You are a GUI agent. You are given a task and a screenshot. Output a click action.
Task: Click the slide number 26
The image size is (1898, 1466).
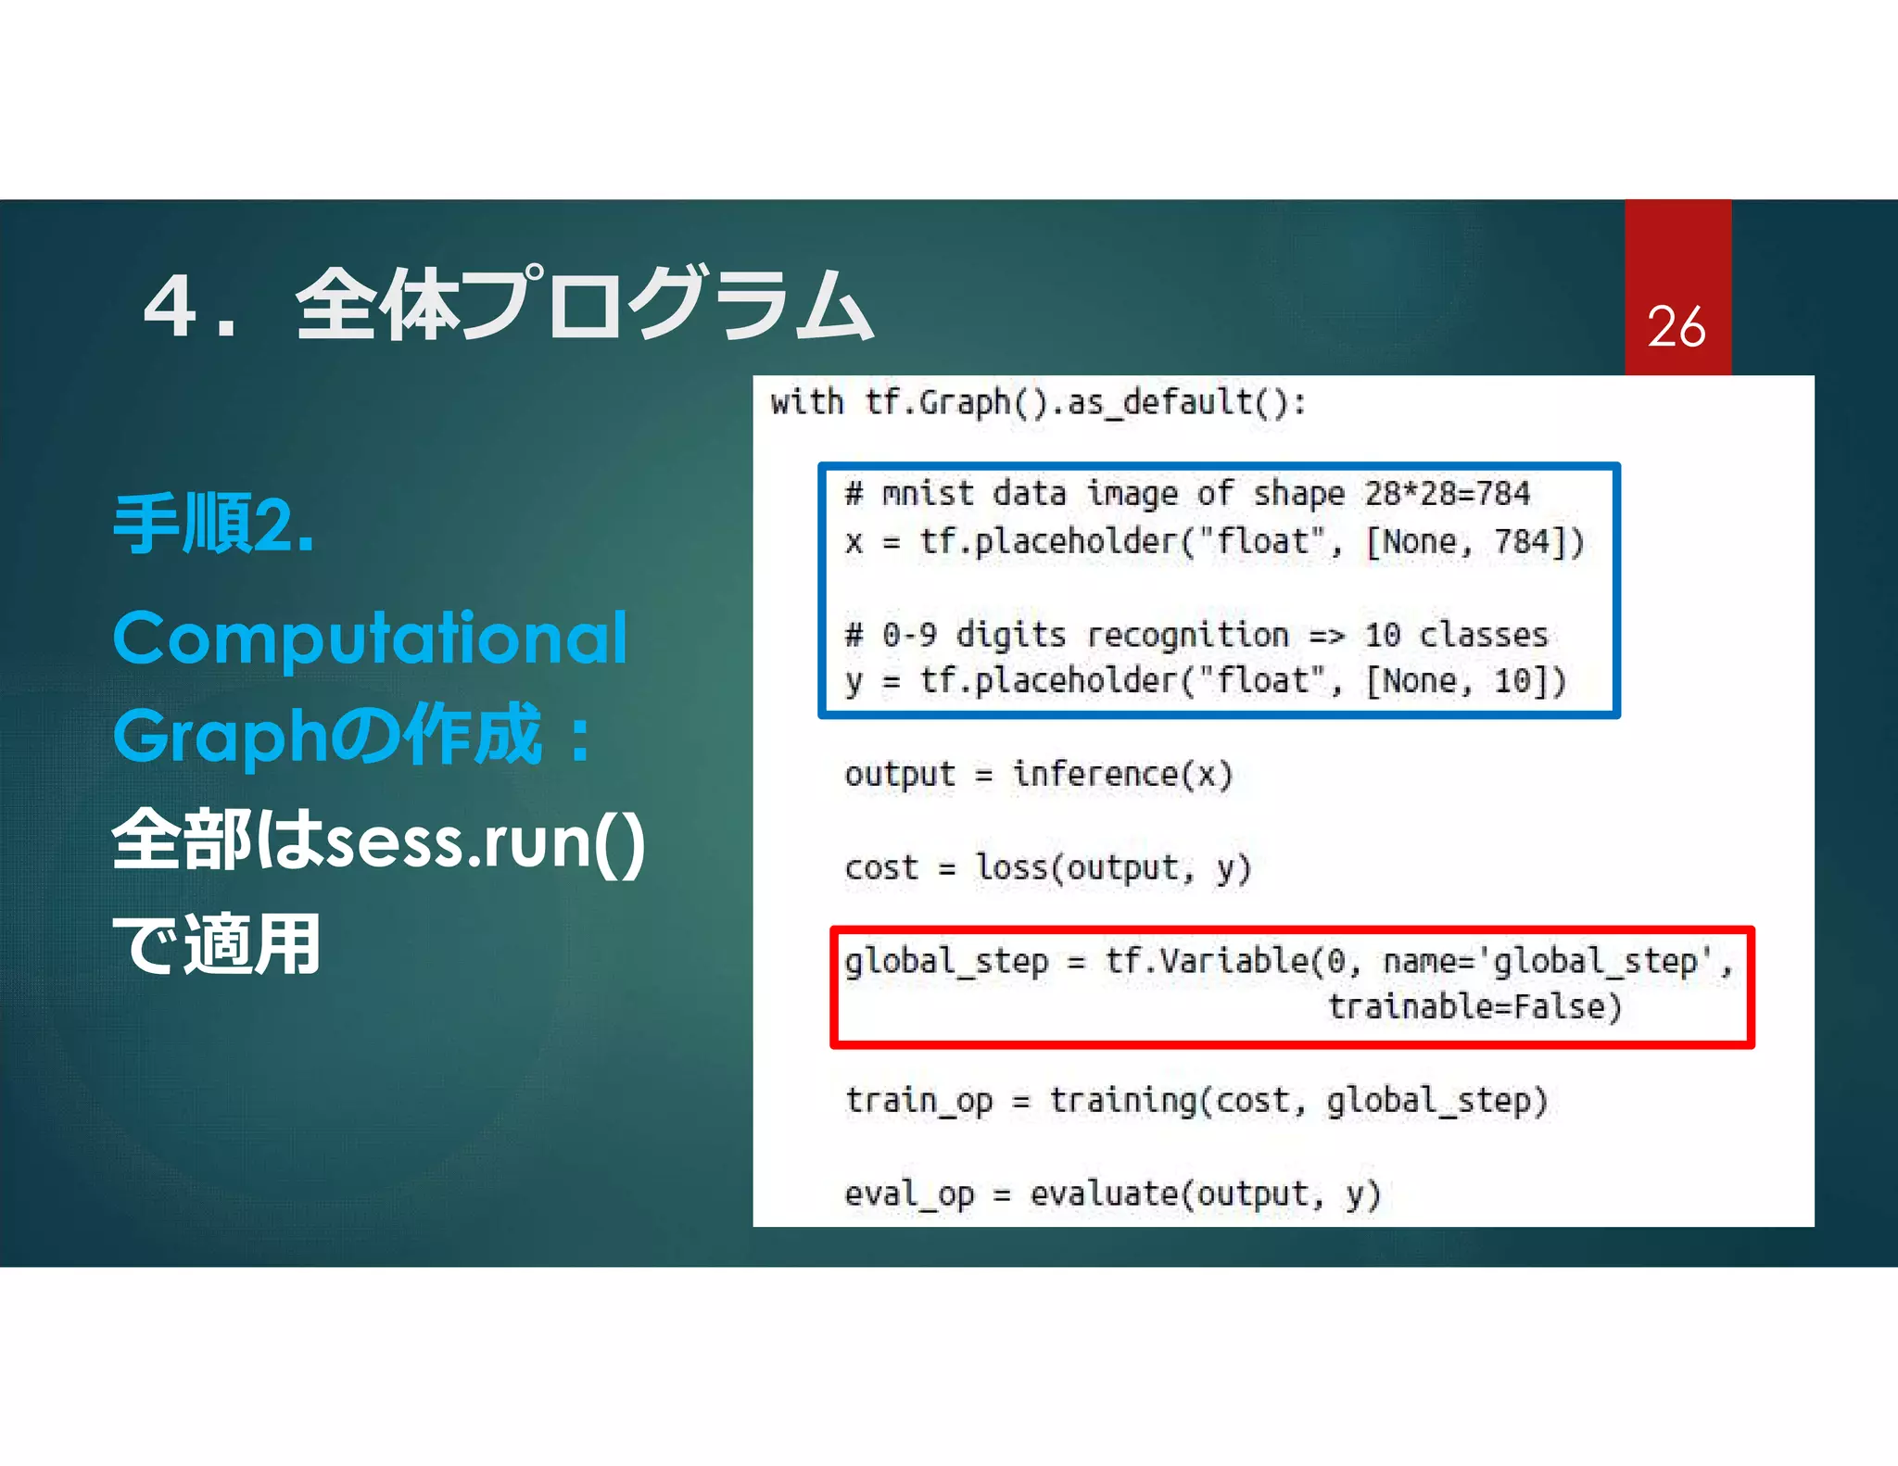coord(1676,327)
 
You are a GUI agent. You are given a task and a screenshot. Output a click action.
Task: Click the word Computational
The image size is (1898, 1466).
coord(370,638)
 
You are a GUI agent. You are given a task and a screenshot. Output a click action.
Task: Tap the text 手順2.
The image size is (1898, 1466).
coord(214,524)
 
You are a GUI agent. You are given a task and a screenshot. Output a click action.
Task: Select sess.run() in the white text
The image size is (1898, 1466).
coord(486,841)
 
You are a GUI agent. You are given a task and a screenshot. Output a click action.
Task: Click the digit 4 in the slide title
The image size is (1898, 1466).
coord(171,307)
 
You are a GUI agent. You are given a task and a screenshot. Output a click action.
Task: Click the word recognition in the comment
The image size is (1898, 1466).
coord(1187,635)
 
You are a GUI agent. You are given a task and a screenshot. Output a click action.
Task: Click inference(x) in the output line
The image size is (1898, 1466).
coord(1121,774)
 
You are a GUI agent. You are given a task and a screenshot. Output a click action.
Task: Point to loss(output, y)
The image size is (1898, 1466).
coord(1112,867)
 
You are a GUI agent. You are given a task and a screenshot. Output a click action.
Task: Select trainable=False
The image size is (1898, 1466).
coord(1474,1006)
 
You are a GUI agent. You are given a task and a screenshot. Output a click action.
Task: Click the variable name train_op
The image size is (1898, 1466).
coord(917,1101)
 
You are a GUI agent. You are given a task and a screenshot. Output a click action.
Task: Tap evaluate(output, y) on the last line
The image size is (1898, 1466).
coord(1205,1194)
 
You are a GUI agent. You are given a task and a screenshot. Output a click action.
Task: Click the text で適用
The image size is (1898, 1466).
coord(216,945)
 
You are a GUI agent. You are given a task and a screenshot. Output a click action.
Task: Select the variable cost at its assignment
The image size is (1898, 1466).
coord(880,867)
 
